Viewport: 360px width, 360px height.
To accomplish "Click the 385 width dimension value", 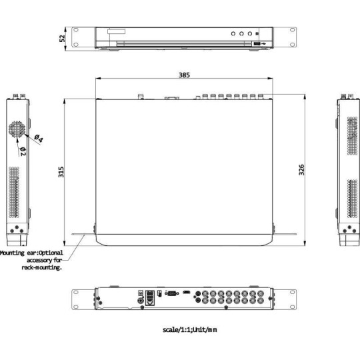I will [183, 75].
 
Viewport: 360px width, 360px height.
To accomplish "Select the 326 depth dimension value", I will [301, 169].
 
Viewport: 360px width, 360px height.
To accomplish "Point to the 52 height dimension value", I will [63, 37].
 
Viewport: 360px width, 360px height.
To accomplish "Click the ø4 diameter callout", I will [38, 139].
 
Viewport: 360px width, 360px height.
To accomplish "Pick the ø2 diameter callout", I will [23, 151].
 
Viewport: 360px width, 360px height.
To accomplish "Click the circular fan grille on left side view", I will [17, 129].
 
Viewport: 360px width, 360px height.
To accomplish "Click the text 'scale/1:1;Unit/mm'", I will [189, 330].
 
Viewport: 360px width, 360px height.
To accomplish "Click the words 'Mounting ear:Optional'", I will [32, 253].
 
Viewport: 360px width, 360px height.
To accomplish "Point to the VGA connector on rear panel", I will [171, 293].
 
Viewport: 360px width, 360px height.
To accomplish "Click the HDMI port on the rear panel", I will [187, 293].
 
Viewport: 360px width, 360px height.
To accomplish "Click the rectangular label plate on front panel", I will [114, 31].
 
